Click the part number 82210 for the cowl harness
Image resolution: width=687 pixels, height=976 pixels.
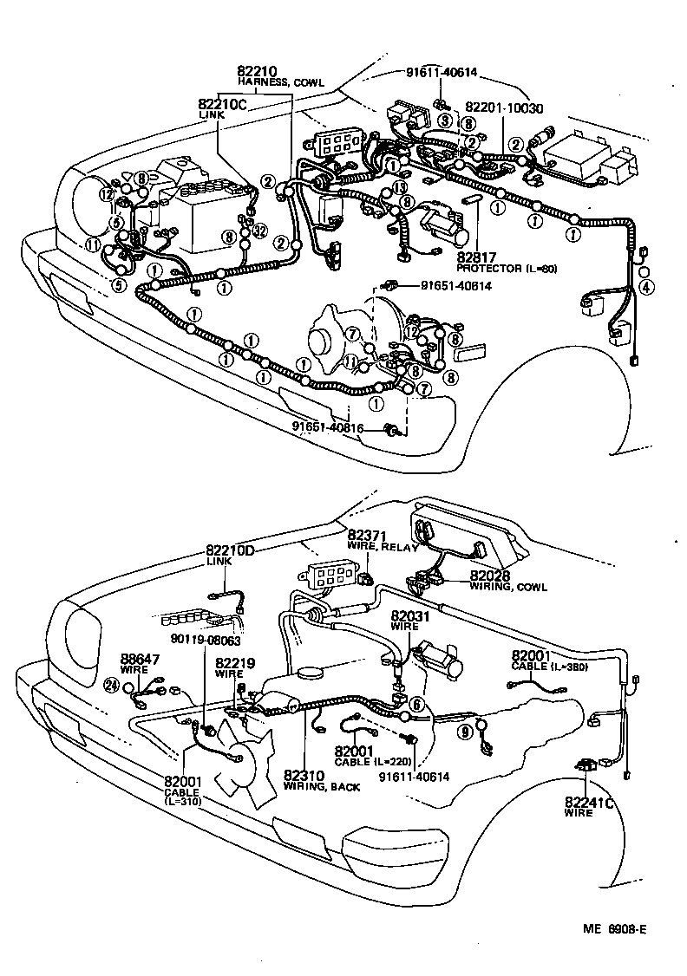pos(254,71)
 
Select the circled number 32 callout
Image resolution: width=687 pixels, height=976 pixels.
pos(259,230)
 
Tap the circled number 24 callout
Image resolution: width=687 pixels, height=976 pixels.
pos(111,686)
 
